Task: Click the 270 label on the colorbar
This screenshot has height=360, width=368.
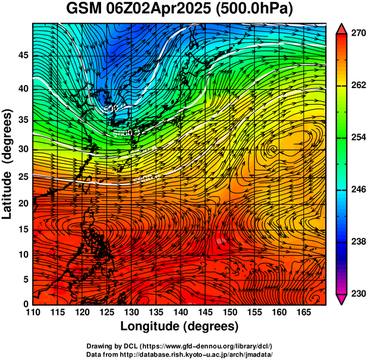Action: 357,34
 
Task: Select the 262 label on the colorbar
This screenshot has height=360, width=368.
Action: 357,86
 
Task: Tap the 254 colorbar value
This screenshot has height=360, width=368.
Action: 357,137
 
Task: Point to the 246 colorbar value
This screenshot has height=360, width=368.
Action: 357,190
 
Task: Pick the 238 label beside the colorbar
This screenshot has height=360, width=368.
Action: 357,242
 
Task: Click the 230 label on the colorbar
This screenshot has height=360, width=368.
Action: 357,293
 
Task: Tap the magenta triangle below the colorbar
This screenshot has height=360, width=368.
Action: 342,299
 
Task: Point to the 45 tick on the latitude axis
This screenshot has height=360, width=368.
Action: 22,55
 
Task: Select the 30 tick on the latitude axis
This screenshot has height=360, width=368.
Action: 22,149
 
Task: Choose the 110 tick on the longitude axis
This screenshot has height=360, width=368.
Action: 33,313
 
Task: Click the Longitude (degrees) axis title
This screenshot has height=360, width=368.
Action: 180,326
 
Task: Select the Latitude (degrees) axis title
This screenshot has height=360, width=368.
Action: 8,164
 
